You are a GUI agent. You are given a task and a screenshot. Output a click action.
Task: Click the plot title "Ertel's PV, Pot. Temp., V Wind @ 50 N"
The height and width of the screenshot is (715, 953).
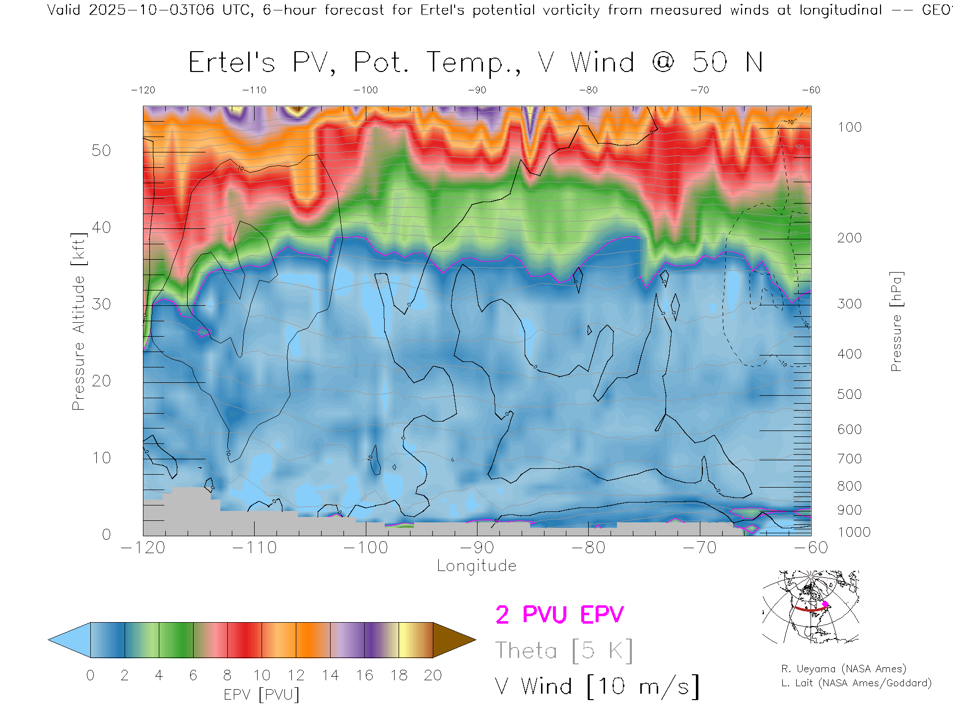point(476,63)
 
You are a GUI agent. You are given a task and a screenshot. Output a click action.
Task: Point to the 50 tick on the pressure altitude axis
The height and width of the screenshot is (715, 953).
point(101,150)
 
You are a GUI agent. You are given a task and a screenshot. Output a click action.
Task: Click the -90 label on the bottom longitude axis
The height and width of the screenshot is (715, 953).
point(476,547)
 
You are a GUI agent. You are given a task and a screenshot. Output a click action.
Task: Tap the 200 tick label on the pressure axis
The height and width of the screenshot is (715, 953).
point(850,238)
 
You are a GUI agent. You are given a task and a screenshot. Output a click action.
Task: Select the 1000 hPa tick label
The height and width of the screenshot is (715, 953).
point(854,532)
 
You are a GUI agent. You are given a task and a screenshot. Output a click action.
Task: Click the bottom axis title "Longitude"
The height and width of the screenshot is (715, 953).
point(476,566)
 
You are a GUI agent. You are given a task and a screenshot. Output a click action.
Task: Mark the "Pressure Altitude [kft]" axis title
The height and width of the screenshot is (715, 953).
point(78,322)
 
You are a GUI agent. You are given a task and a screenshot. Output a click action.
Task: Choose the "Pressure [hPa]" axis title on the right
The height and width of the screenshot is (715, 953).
point(896,322)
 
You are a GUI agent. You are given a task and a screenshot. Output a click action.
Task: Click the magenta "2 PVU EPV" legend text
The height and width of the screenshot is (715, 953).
point(559,615)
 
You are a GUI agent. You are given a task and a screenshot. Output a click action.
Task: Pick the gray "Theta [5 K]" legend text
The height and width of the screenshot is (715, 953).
point(564,650)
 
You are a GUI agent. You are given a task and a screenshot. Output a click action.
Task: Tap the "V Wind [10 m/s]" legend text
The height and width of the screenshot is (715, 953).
point(597,687)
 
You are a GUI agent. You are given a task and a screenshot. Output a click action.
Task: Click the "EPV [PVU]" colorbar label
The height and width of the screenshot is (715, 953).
point(262,695)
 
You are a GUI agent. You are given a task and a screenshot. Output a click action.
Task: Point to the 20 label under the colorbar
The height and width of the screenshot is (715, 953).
point(433,675)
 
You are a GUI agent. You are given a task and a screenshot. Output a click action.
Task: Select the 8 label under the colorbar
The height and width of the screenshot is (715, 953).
point(227,675)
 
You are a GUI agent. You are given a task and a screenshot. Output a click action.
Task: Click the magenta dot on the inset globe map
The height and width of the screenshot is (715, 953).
point(825,604)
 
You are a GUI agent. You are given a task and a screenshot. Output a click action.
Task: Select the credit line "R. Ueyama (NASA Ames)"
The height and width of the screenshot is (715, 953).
point(844,669)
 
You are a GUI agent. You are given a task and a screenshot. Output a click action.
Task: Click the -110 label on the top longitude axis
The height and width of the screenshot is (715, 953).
point(254,90)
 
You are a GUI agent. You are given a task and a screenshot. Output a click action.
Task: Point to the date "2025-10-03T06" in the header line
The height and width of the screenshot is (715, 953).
point(152,10)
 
